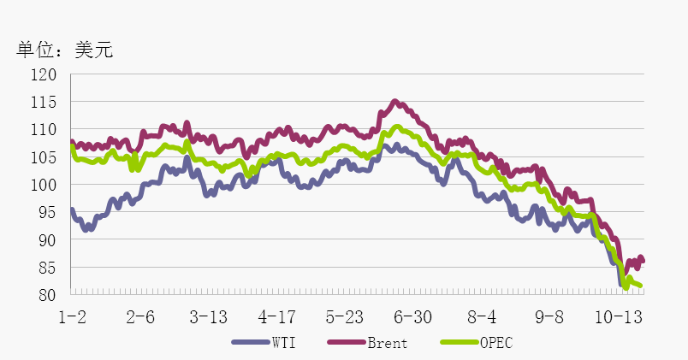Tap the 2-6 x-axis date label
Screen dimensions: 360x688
(140, 316)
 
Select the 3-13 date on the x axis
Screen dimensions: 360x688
(208, 316)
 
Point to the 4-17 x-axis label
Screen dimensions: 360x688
(276, 316)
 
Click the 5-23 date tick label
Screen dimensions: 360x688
(344, 316)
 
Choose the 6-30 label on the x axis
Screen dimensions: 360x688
(412, 316)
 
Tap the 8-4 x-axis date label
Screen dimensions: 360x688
(481, 316)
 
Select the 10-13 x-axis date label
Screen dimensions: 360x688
(617, 316)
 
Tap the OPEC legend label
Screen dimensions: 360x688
(496, 343)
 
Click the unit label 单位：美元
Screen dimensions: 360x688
(65, 50)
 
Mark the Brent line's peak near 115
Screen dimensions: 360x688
(395, 102)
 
